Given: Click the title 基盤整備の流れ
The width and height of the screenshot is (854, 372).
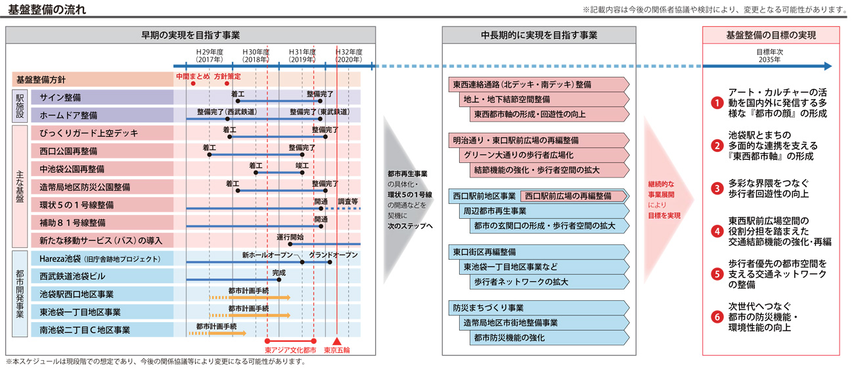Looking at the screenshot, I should point(46,10).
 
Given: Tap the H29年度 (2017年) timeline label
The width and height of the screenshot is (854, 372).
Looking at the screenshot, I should point(210,55).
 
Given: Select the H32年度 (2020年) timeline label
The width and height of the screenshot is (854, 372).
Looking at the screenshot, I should point(348,55).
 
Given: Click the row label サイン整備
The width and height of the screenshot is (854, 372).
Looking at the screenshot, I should point(60,97).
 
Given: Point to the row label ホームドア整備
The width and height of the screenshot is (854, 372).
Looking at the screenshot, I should point(68,114).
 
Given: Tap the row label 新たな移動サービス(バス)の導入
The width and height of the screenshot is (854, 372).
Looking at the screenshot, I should point(101,240).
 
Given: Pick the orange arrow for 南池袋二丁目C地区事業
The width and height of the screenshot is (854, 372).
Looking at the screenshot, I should point(208,334).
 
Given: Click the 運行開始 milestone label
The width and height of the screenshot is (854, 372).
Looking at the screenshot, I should point(290,237).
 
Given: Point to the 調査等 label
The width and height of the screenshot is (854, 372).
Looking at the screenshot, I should point(348,201).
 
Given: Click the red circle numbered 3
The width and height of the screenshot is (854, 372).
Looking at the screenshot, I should point(717,189).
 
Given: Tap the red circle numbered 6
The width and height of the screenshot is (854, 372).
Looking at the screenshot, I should point(717,317).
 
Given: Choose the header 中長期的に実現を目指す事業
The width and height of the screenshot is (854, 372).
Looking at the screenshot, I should point(539,35).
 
